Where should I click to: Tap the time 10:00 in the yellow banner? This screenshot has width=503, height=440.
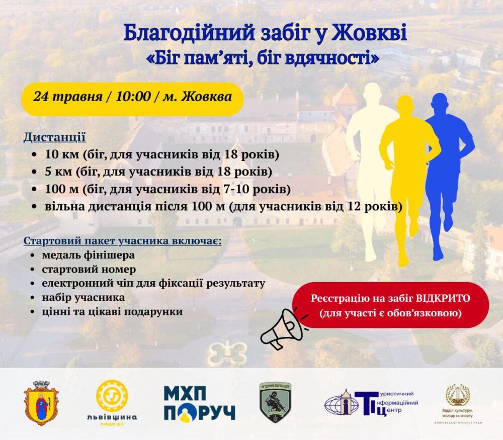(133, 96)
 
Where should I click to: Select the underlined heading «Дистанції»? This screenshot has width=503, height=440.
(54, 137)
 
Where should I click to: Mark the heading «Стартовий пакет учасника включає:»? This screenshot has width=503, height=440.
(122, 240)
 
